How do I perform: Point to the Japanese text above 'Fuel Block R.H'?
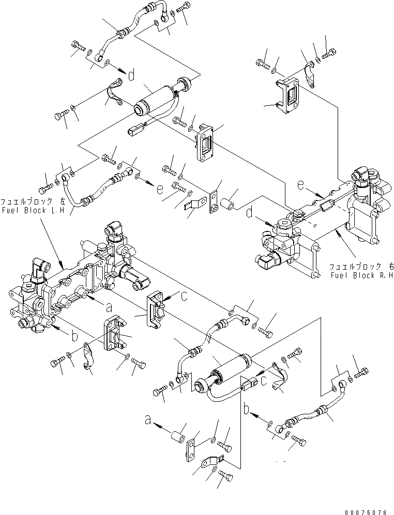[362, 267]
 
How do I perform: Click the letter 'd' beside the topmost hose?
[131, 76]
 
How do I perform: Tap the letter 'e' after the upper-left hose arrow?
[159, 190]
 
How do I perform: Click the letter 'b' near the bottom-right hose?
[247, 409]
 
